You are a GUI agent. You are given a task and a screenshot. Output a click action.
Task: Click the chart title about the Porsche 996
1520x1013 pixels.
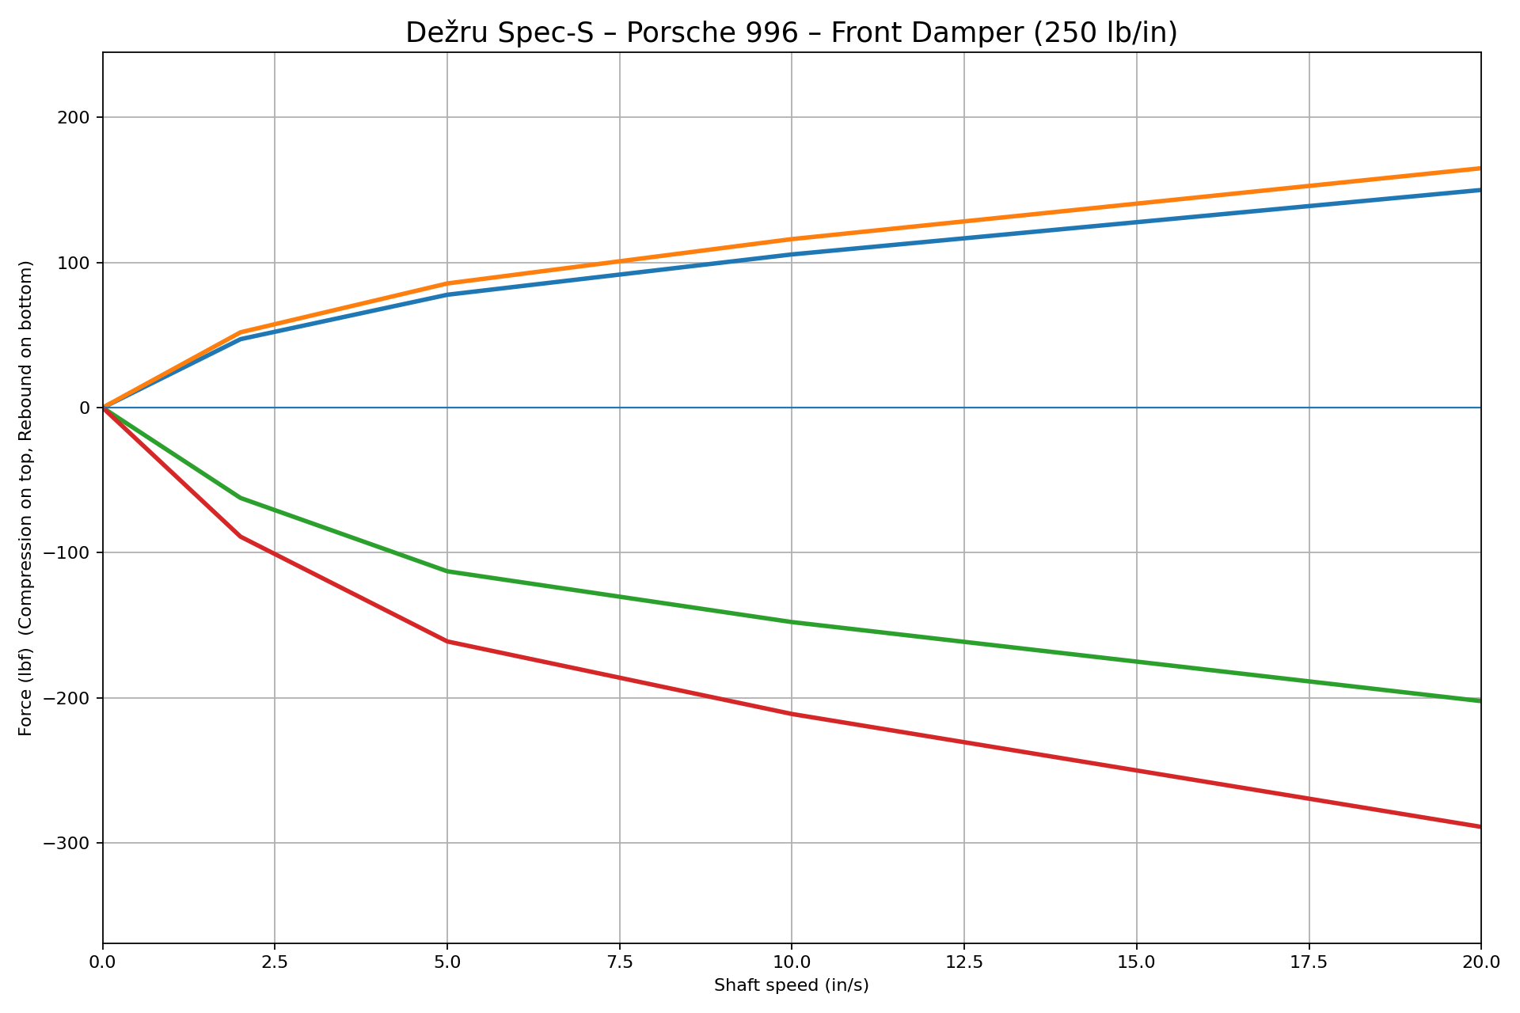click(x=791, y=33)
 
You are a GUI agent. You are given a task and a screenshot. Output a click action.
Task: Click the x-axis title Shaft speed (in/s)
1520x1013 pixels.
click(x=791, y=985)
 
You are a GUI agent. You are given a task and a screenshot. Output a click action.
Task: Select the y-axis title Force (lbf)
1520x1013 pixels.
click(x=26, y=498)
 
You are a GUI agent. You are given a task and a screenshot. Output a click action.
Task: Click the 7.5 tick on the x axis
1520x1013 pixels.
click(x=619, y=962)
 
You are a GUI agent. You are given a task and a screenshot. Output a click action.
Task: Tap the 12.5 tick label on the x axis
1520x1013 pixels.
click(x=963, y=962)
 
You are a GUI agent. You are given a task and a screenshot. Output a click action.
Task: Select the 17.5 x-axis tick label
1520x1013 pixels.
click(x=1308, y=962)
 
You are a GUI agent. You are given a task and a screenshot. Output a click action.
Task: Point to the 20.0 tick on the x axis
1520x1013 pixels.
click(x=1480, y=962)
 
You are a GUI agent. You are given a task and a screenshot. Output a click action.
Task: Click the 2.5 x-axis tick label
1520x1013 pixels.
click(x=275, y=962)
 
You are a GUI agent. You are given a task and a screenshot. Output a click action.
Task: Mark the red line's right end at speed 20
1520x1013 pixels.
click(x=1479, y=826)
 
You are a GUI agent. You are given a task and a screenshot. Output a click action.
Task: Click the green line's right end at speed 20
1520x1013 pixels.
click(x=1479, y=700)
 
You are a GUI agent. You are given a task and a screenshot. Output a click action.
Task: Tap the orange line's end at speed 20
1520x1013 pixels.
click(x=1479, y=169)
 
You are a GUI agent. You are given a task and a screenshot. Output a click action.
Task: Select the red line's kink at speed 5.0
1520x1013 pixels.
click(x=447, y=641)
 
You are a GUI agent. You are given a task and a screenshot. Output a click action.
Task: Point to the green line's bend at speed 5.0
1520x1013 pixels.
click(x=447, y=571)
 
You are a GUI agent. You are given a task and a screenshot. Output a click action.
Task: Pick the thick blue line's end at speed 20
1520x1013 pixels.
click(x=1479, y=190)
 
